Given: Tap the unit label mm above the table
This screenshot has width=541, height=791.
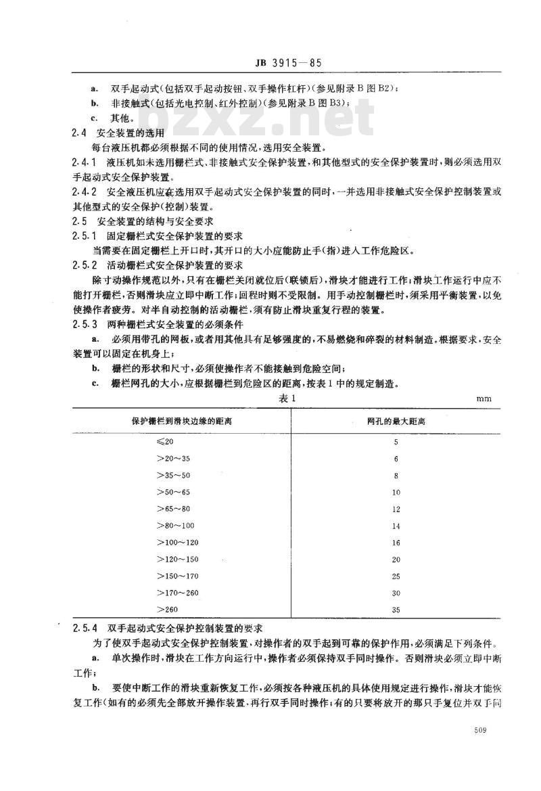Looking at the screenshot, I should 484,399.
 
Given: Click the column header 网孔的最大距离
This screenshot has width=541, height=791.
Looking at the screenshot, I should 396,422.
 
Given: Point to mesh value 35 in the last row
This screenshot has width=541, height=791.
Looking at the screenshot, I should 396,610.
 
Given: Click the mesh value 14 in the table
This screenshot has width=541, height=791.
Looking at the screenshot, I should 396,526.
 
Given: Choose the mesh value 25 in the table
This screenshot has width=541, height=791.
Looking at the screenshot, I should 396,577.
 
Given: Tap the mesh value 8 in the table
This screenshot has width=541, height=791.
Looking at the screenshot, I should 396,476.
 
